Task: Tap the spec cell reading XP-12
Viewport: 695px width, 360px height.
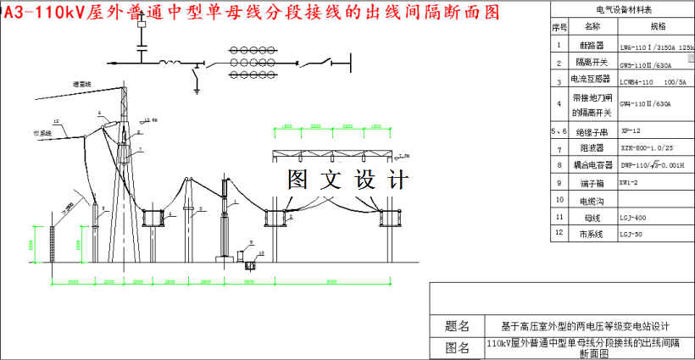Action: click(x=631, y=131)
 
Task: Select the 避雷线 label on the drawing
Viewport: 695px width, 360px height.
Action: click(x=82, y=84)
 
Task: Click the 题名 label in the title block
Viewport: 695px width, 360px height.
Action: click(x=457, y=326)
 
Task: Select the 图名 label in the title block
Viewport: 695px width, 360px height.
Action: click(x=457, y=347)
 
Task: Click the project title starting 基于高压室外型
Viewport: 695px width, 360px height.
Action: click(x=587, y=326)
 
